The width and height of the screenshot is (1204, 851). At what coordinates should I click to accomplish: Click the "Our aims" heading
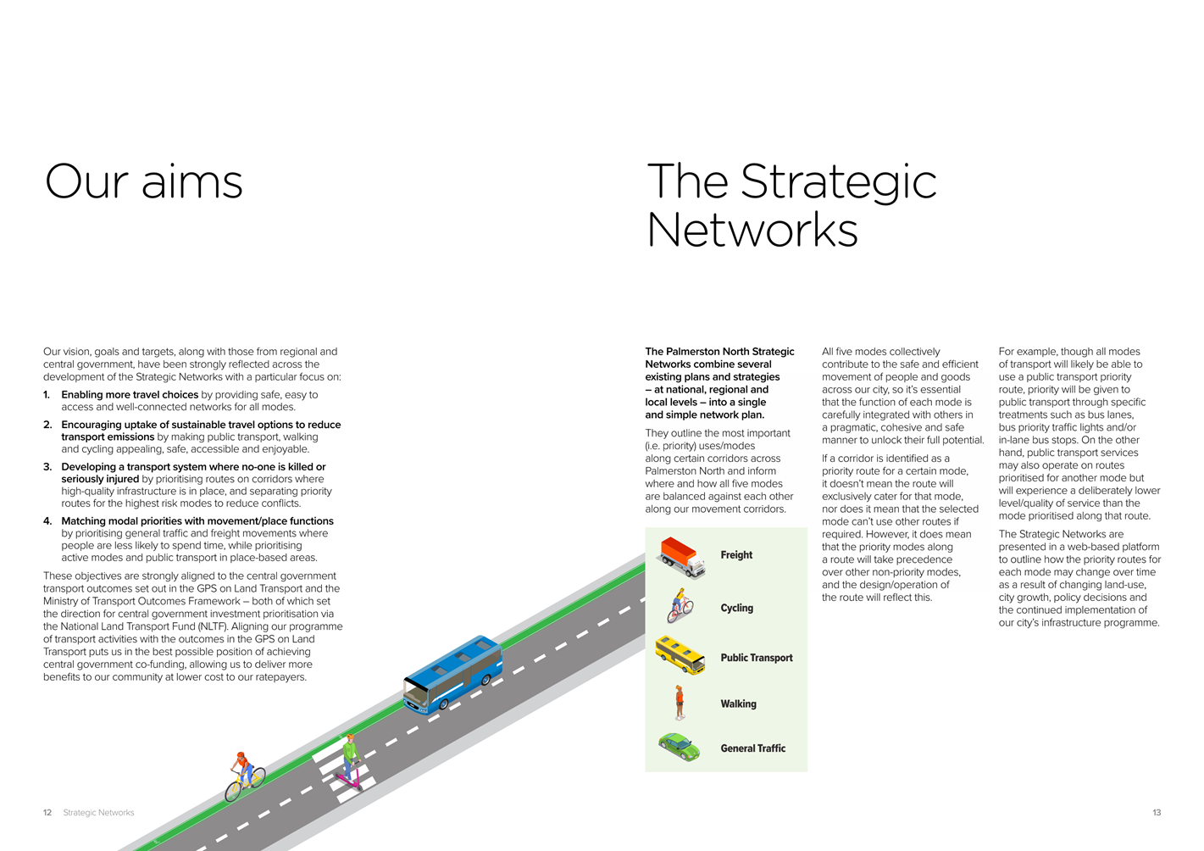[143, 181]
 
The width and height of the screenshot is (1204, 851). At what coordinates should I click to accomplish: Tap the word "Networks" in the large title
[752, 230]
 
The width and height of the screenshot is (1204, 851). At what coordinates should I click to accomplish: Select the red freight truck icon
[680, 558]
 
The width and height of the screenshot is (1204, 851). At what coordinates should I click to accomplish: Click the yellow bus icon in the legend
[680, 655]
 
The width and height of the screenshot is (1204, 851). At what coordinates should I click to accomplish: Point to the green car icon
[680, 747]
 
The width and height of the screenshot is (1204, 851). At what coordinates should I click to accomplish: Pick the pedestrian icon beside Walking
[680, 703]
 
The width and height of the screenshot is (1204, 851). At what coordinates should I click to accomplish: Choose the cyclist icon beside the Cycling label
[680, 605]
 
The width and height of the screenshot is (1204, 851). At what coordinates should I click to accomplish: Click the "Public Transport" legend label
[757, 658]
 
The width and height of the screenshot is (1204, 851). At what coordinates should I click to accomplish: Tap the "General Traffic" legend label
[752, 748]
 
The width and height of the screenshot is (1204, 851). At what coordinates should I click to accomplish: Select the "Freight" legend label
[735, 555]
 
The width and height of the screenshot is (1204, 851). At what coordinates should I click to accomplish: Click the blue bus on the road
[452, 675]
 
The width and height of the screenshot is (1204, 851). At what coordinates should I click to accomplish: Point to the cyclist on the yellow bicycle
[245, 776]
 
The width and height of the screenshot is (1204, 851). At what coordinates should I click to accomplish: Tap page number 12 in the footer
[47, 812]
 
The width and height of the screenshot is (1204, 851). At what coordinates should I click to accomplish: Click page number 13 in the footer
[1157, 812]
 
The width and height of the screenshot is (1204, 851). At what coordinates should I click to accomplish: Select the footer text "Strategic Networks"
[98, 812]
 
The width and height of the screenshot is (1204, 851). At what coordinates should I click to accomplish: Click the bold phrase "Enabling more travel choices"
[130, 395]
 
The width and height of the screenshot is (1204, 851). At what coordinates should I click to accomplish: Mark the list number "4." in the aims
[47, 521]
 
